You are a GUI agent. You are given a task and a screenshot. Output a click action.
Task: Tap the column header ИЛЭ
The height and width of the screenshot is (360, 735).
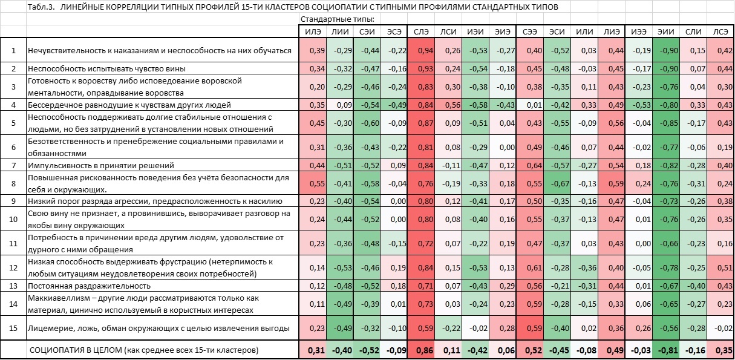click(x=313, y=31)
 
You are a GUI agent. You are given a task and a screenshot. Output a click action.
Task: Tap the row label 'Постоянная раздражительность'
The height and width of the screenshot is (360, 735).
click(x=88, y=285)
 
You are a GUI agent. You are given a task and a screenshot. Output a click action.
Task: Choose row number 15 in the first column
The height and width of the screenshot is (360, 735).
click(x=13, y=328)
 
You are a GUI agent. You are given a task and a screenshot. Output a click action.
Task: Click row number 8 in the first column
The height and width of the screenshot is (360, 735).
click(x=13, y=183)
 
